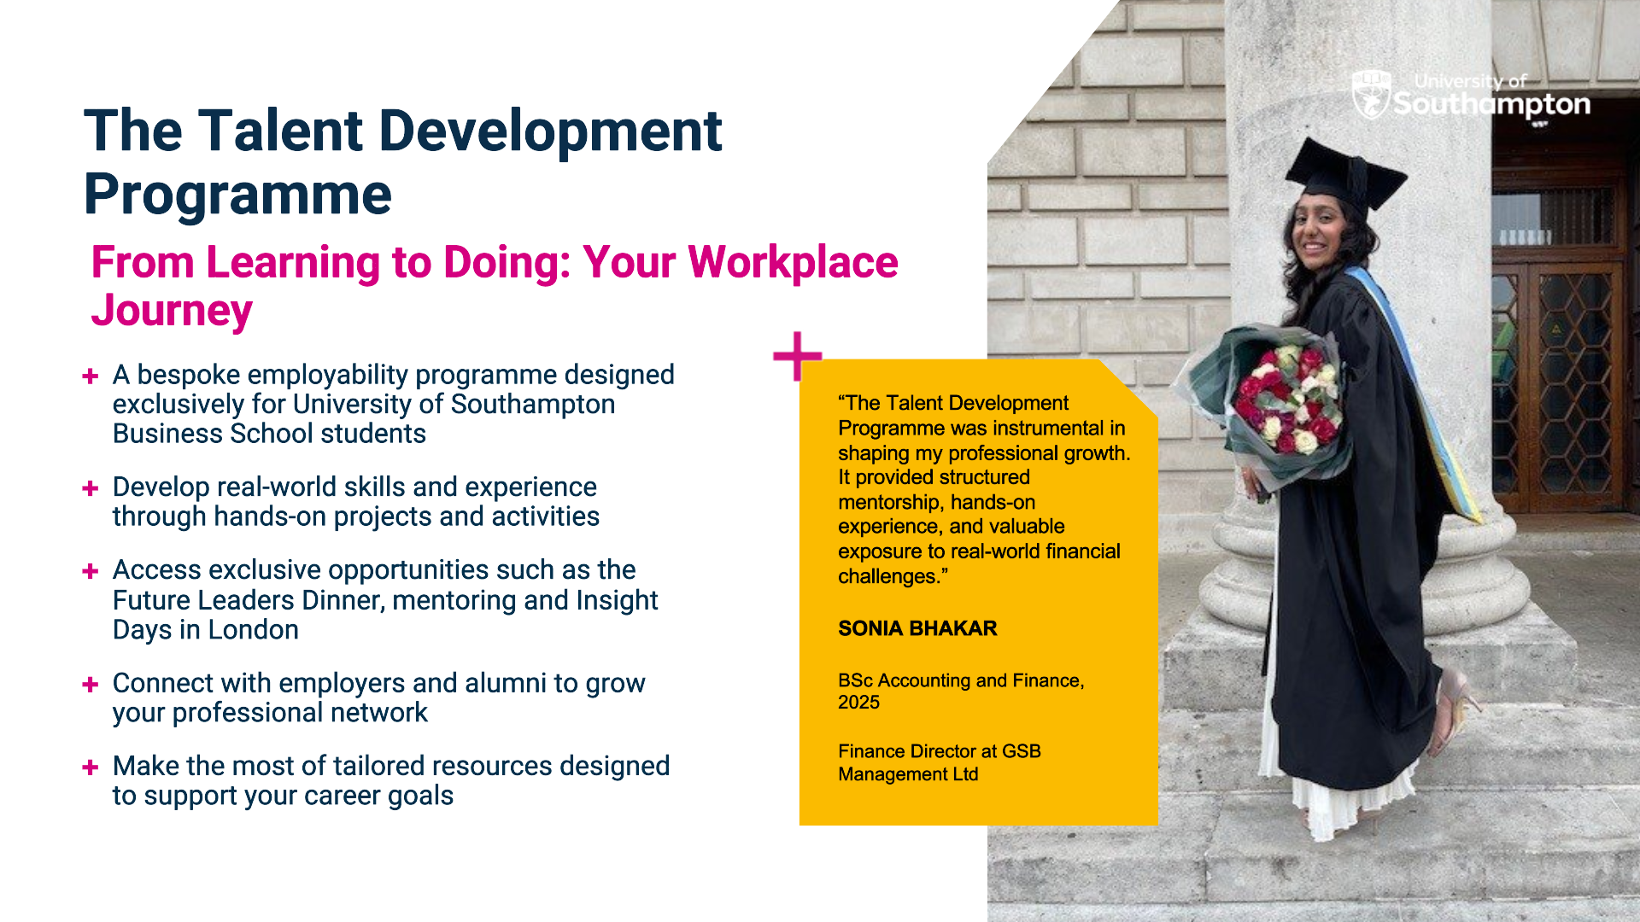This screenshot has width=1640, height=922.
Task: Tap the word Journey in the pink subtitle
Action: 172,312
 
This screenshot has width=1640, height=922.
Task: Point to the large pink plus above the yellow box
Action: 797,356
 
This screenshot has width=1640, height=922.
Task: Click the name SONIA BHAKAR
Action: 917,628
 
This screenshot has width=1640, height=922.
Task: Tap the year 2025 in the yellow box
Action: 858,702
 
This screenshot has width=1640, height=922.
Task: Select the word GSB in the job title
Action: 1022,751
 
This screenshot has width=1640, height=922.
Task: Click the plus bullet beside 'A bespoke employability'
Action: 91,376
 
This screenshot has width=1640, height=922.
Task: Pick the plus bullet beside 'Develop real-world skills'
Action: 91,488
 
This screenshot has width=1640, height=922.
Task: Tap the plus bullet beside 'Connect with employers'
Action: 91,684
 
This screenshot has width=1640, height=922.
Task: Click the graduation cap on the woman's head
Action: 1346,175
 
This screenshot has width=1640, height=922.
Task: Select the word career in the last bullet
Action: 332,796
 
